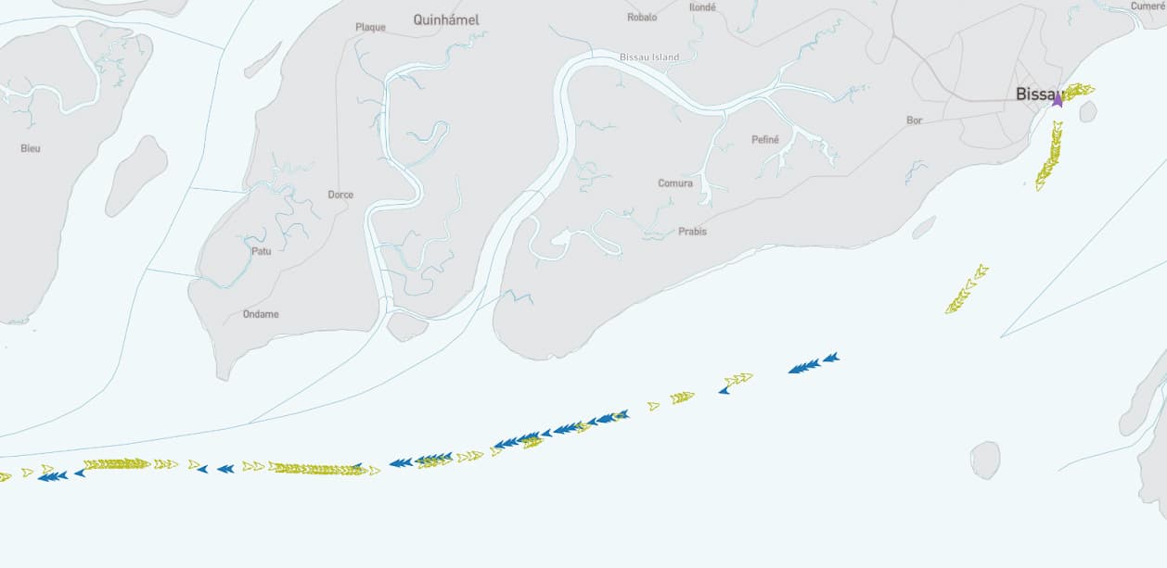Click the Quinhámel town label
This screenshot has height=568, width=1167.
coord(446,19)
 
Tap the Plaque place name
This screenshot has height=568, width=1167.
coord(370,27)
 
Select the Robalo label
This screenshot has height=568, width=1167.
coord(642,18)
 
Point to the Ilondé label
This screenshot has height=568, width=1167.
coord(702,6)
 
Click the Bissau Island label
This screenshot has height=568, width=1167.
coord(649,57)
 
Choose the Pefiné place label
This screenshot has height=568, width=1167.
coord(765,140)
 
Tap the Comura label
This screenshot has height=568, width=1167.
coord(675,183)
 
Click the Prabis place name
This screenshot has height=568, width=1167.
coord(692,231)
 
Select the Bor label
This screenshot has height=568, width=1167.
coord(915,120)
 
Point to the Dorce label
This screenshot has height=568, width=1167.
coord(340,195)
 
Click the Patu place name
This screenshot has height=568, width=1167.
coord(262,250)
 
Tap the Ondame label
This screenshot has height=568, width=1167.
coord(261,314)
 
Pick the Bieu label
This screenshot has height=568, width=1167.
coord(31,148)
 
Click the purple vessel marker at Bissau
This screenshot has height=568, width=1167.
coord(1057,99)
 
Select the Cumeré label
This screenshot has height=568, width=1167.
coord(1147,6)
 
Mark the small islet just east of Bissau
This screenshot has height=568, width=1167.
coord(1087,112)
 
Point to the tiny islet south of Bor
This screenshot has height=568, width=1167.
coord(923,228)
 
